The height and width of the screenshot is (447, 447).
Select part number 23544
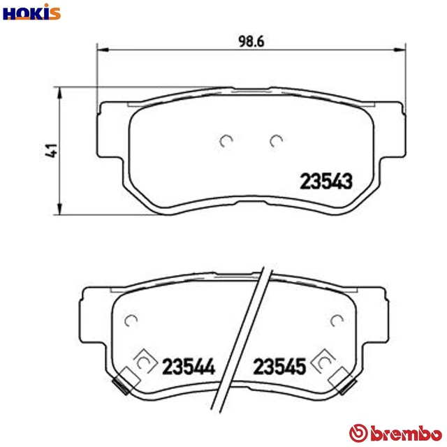[187, 365]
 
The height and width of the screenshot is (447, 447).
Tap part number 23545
[279, 365]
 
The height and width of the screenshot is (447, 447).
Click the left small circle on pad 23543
[226, 141]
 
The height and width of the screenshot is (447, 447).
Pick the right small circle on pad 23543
[275, 141]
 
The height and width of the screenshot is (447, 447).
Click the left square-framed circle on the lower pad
[143, 362]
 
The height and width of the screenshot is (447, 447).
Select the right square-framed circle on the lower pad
[323, 362]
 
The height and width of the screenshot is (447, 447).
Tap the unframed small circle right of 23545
[338, 321]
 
